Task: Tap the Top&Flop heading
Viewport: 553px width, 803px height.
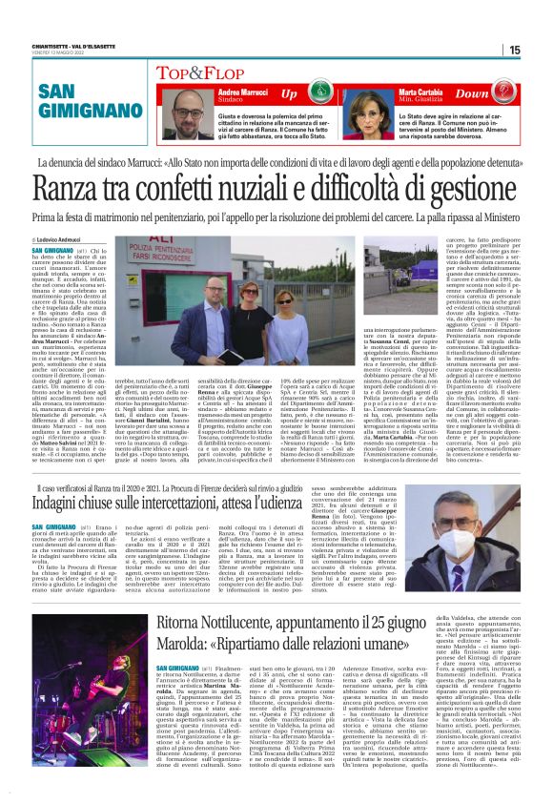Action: point(201,72)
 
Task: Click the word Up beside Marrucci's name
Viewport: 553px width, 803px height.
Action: point(290,94)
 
